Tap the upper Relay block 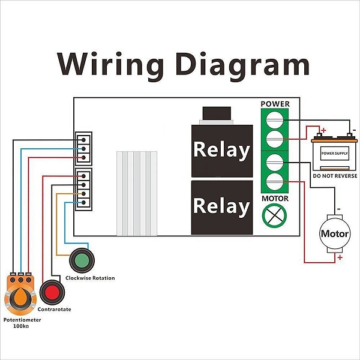pyautogui.click(x=220, y=150)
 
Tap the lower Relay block pyautogui.click(x=220, y=207)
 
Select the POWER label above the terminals pyautogui.click(x=275, y=104)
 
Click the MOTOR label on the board pyautogui.click(x=275, y=199)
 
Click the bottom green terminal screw pyautogui.click(x=275, y=182)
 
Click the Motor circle pyautogui.click(x=334, y=233)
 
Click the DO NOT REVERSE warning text pyautogui.click(x=335, y=176)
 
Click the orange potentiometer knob pyautogui.click(x=20, y=296)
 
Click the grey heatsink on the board pyautogui.click(x=137, y=192)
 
